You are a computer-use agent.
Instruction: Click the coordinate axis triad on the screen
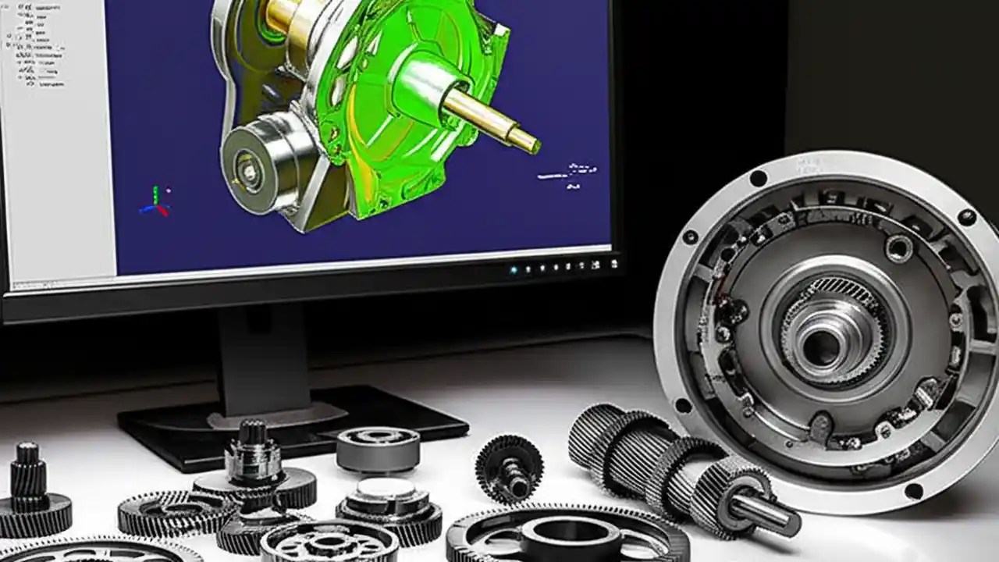(155, 201)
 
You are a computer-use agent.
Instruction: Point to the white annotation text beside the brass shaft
(568, 172)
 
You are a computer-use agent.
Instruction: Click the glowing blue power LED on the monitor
(514, 270)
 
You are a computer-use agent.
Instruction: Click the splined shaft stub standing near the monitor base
(251, 457)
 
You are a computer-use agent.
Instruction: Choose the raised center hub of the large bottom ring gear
(570, 539)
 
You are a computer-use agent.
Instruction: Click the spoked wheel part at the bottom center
(328, 542)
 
